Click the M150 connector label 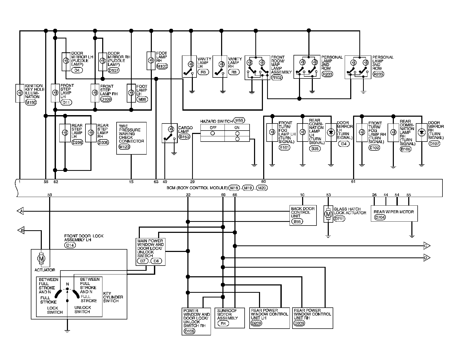(x=31, y=103)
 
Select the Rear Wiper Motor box (x=394, y=213)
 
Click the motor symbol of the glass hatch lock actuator (x=328, y=214)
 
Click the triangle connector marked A (x=20, y=211)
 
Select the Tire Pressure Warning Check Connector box (x=131, y=138)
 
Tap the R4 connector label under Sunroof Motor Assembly (x=223, y=323)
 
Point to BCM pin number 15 (x=131, y=182)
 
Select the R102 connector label (x=277, y=77)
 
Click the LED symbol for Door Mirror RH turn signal (x=422, y=132)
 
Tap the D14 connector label (x=70, y=245)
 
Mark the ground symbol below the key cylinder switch (x=67, y=331)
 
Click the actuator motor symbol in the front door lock (x=41, y=259)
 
